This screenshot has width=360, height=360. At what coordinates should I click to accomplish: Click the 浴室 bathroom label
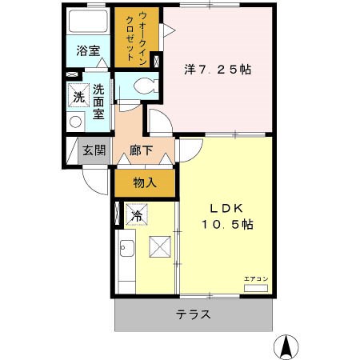pos(88,51)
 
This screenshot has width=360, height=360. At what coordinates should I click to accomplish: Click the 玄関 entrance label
pos(94,150)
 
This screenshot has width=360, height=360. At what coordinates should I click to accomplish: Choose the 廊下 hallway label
pos(142,150)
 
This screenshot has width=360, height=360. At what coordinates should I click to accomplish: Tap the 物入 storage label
pos(144,183)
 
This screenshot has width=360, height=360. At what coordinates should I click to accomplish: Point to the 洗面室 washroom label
pos(98,102)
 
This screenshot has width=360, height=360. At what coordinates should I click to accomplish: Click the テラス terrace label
pos(194,314)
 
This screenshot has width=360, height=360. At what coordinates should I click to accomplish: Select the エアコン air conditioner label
pos(256,278)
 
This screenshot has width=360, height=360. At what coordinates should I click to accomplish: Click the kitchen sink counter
pos(126,264)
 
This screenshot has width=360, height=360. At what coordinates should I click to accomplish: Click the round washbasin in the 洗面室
pos(75,122)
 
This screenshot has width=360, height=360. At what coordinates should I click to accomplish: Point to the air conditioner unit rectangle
pos(256,286)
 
